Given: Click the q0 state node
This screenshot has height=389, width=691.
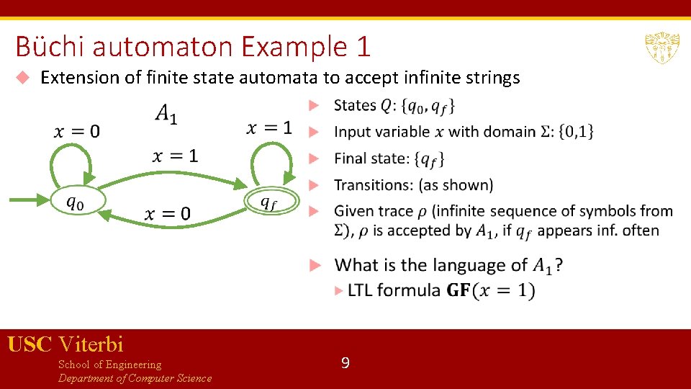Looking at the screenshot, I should click(75, 202).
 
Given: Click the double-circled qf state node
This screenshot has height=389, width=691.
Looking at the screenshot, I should click(268, 202).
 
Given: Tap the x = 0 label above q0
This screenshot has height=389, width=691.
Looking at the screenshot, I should click(77, 131).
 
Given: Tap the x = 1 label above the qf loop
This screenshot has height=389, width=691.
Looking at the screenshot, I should click(269, 128).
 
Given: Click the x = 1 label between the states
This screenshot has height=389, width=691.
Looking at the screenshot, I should click(175, 156).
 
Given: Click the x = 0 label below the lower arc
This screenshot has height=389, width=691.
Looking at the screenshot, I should click(168, 213).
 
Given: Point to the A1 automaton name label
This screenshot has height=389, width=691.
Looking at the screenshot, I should click(166, 114).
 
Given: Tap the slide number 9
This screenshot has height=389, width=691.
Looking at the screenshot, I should click(345, 363).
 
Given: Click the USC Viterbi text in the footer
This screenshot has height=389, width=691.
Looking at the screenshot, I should click(66, 344).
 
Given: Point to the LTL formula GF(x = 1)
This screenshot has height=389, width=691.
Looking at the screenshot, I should click(491, 290).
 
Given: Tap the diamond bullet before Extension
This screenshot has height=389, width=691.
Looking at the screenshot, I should click(23, 78).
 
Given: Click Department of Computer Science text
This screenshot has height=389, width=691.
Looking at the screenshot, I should click(135, 378).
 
